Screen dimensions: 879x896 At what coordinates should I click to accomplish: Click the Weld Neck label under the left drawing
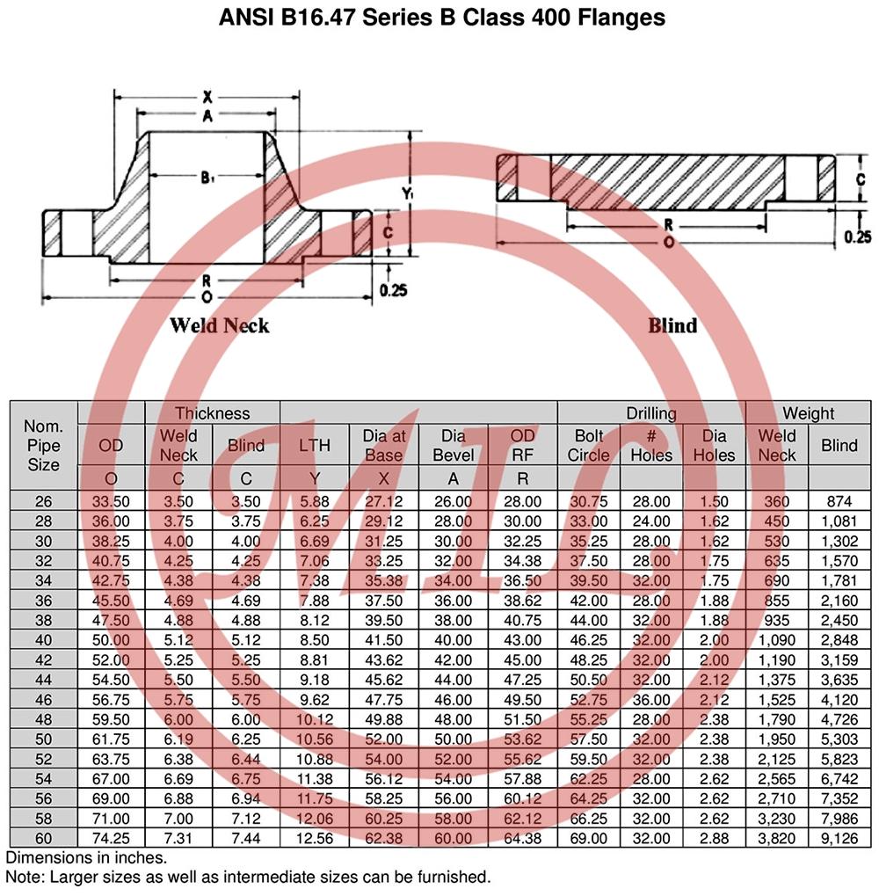pos(220,325)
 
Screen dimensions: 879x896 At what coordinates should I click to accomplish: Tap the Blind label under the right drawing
pos(672,325)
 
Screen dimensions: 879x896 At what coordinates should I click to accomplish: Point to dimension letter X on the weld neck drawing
pos(207,97)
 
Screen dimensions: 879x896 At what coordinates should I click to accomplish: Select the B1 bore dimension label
pos(207,178)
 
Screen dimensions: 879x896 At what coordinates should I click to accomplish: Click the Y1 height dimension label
pos(407,194)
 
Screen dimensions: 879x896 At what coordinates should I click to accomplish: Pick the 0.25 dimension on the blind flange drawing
pos(858,237)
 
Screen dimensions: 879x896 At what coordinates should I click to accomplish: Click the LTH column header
pos(315,445)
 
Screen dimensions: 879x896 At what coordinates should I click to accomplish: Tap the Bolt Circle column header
pos(588,445)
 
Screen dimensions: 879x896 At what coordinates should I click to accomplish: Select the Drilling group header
pos(651,413)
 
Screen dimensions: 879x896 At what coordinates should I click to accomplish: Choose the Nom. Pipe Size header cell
pos(43,445)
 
